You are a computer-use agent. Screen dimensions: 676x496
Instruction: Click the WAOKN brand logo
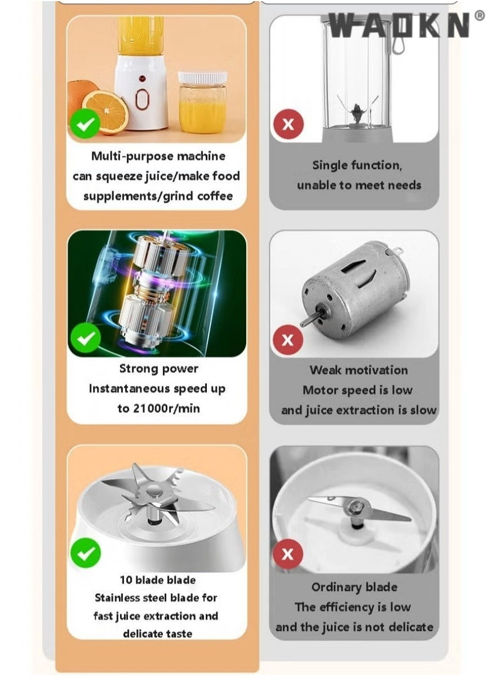[399, 25]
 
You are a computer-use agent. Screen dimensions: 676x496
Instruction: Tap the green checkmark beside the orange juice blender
[85, 123]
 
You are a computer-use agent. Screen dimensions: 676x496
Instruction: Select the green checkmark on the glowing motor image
[85, 339]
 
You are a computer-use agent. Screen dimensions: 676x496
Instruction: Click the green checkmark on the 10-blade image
[85, 552]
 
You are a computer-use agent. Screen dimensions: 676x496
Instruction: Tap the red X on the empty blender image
[288, 124]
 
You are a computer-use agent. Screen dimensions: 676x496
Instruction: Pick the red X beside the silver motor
[288, 340]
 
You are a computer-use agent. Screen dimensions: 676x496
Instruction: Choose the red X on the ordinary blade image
[288, 554]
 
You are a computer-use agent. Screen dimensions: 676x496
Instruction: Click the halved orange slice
[105, 111]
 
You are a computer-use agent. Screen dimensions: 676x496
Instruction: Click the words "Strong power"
[159, 369]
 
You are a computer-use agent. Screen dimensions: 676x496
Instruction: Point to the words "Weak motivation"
[358, 370]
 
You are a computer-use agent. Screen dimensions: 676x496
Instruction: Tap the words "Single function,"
[357, 166]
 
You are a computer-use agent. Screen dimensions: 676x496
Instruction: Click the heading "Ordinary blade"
[354, 587]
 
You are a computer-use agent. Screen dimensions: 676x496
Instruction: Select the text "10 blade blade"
[158, 580]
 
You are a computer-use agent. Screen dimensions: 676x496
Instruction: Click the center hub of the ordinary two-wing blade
[354, 509]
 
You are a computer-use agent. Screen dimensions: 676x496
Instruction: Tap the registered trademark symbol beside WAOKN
[479, 16]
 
